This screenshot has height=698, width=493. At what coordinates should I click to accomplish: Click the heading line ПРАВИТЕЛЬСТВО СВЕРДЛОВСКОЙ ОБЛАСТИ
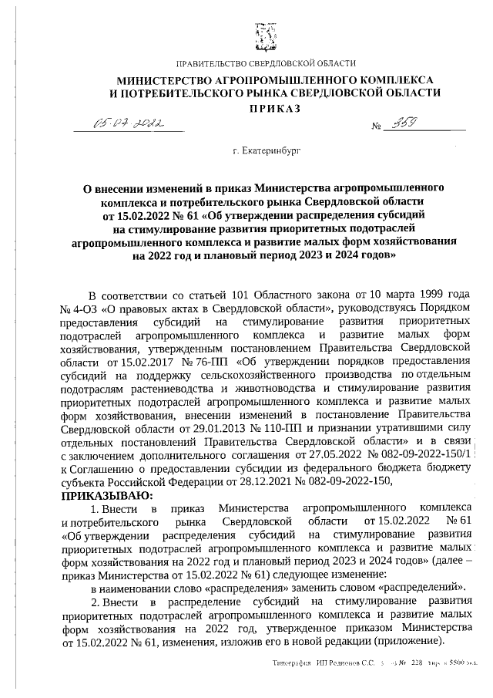click(266, 62)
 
